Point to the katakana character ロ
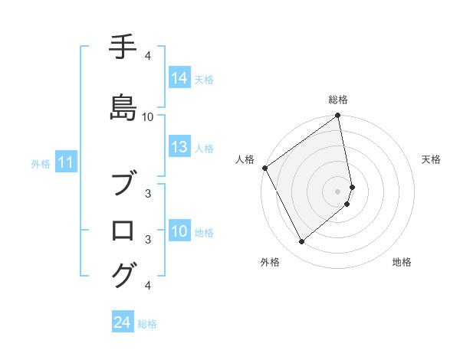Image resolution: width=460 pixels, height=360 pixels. point(123,229)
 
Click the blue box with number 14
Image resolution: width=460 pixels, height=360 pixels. point(179,78)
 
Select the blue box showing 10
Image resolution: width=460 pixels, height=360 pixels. point(179,231)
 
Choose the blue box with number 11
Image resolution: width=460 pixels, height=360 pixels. point(66,162)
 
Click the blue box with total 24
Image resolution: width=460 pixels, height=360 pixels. point(123,323)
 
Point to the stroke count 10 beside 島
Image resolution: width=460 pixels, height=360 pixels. point(148,117)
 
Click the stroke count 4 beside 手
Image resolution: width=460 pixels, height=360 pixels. point(147,56)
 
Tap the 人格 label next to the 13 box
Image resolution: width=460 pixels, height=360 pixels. point(204,148)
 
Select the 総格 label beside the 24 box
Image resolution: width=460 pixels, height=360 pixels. point(147,324)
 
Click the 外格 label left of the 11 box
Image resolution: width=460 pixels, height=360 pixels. point(40,163)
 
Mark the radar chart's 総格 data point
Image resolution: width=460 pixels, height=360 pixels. point(337,116)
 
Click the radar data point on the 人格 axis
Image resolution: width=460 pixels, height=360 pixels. point(265,168)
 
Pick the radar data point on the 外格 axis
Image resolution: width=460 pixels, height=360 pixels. point(301,242)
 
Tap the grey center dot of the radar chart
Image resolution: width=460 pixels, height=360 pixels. point(337,191)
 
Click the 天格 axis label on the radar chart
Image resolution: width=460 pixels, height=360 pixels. point(431,159)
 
